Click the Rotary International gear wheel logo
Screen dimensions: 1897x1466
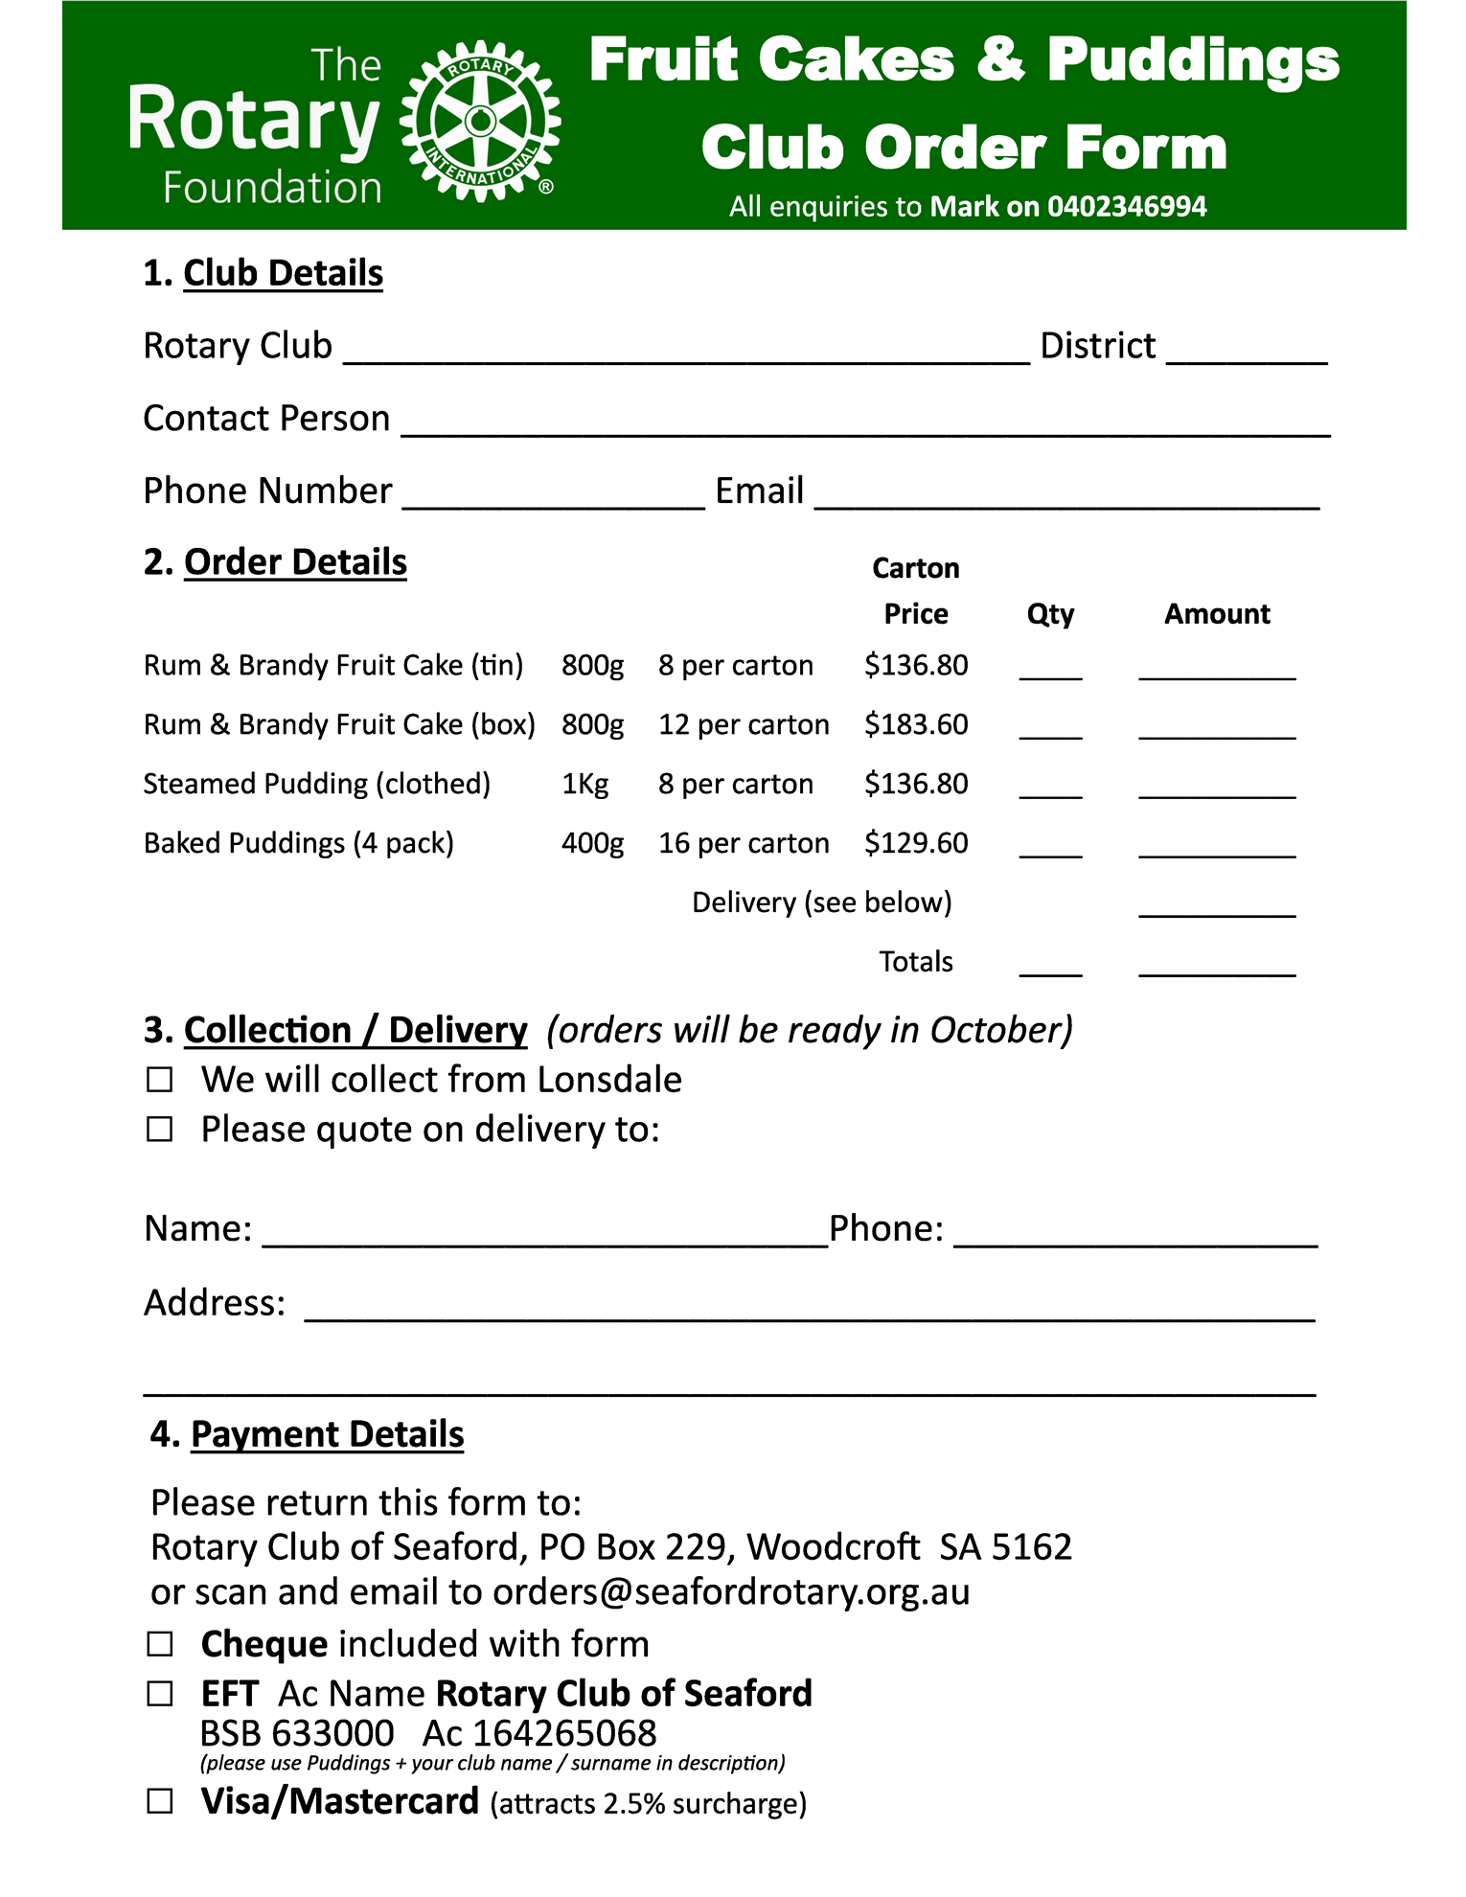(480, 121)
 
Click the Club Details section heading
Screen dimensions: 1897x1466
(283, 273)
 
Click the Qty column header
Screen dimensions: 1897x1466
(1050, 614)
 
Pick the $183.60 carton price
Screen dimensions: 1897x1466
(916, 724)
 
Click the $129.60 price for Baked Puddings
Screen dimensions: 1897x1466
(916, 843)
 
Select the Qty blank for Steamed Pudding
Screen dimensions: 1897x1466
(1050, 791)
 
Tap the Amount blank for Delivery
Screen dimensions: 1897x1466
(1217, 910)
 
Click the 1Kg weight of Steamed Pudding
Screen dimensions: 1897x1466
(584, 784)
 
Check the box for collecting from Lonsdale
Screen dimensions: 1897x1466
(160, 1080)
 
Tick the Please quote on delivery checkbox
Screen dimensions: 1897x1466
(160, 1130)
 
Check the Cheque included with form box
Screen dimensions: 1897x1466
(160, 1645)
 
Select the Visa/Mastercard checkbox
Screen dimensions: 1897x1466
(160, 1802)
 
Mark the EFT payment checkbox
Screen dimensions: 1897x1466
(160, 1695)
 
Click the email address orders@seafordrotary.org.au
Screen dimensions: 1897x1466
(731, 1592)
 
